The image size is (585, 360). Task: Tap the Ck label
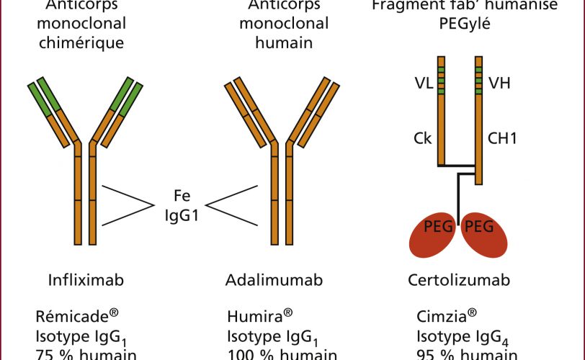(x=423, y=138)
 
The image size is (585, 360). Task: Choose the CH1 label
(x=503, y=138)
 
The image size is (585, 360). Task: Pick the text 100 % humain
(x=282, y=354)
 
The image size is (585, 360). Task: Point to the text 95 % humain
(x=467, y=354)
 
